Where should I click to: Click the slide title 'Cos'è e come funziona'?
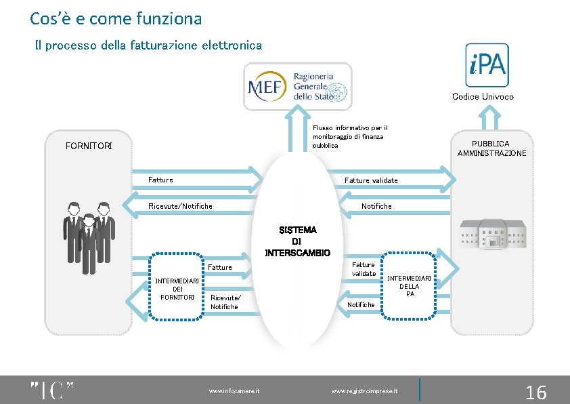tap(116, 18)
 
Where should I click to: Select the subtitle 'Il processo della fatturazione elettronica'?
tap(148, 45)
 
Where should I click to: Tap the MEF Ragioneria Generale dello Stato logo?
tap(298, 86)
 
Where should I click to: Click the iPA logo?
tap(487, 65)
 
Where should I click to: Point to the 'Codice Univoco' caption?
tap(483, 96)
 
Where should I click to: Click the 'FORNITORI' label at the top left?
tap(89, 146)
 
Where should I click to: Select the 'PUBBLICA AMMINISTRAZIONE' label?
tap(491, 148)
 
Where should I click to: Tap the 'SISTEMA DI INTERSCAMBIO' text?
tap(297, 241)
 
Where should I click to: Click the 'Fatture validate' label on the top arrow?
tap(371, 180)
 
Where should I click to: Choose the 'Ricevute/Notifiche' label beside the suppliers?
tap(180, 206)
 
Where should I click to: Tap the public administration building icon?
tap(493, 233)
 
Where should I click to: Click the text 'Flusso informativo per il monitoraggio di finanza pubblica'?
tap(350, 136)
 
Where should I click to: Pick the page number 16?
tap(535, 392)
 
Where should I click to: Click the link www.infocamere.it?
tap(235, 391)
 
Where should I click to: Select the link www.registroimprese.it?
tap(364, 391)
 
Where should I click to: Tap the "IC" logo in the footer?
tap(51, 391)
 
